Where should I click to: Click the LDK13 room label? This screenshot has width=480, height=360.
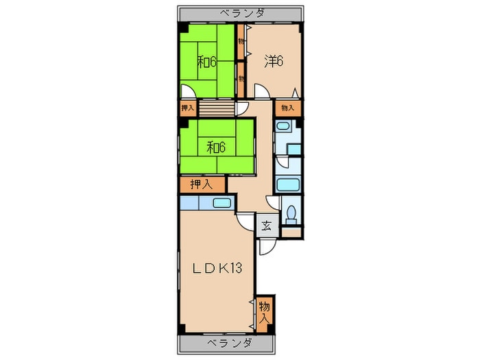pos(217,269)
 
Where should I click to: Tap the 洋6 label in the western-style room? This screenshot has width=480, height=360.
pos(274,61)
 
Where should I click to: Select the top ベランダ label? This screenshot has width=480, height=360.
pos(242,14)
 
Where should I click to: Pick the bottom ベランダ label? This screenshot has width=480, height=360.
pos(230,343)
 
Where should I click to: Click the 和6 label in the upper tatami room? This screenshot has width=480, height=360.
pos(206,62)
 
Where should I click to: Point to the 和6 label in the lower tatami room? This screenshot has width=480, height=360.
pos(216,148)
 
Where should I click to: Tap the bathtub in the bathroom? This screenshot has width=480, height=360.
pos(288,184)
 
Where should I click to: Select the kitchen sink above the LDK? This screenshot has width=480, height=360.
pos(221,203)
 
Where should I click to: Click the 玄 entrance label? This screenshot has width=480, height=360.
pos(266,226)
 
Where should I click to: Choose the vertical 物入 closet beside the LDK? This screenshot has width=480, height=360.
pos(264,313)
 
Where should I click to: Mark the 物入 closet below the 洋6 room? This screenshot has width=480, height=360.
pos(288,108)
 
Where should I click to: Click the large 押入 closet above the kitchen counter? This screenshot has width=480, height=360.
pos(202,184)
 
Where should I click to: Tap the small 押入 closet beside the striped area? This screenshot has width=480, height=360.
pos(188,108)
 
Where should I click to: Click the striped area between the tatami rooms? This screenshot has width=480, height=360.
pos(217,108)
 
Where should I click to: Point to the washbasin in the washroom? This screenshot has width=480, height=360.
pos(283,125)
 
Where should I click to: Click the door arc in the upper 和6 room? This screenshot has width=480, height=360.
pos(188,91)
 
